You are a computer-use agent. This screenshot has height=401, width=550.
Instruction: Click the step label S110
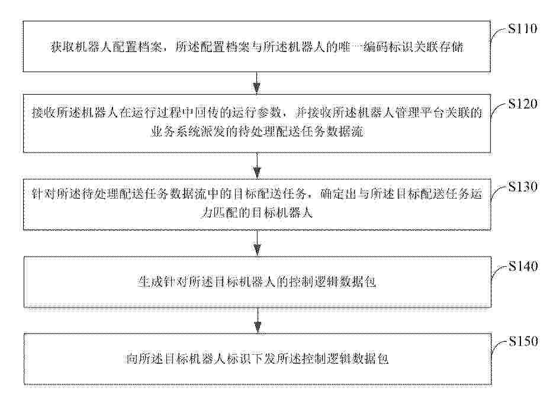523,28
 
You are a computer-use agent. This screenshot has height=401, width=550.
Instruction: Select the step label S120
523,104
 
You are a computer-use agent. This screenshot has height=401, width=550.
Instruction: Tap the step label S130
523,186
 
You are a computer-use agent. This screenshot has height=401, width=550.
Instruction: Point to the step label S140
523,266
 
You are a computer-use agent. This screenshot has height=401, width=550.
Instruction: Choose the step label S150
523,341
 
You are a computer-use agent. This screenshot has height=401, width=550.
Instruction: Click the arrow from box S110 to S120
257,83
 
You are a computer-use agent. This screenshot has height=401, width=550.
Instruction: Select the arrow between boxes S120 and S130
257,166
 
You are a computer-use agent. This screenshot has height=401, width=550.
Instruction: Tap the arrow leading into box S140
258,243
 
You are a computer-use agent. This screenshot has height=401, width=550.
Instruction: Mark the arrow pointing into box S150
258,321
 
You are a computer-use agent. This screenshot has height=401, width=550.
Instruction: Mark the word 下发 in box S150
263,359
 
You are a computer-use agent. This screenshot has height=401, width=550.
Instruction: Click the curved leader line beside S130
497,192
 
